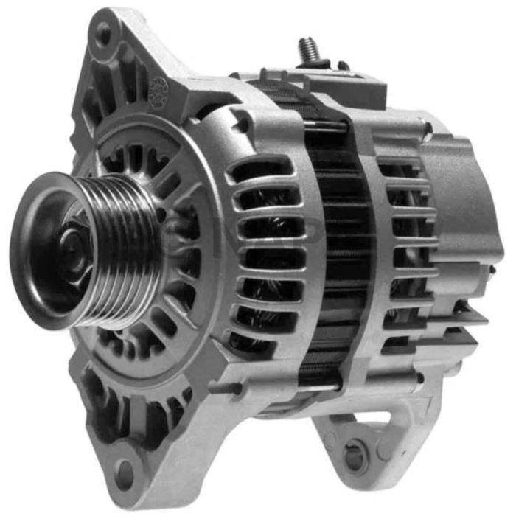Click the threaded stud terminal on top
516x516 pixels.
(x=307, y=50)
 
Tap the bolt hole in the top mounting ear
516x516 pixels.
(x=104, y=33)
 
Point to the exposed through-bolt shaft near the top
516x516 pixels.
(x=325, y=126)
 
